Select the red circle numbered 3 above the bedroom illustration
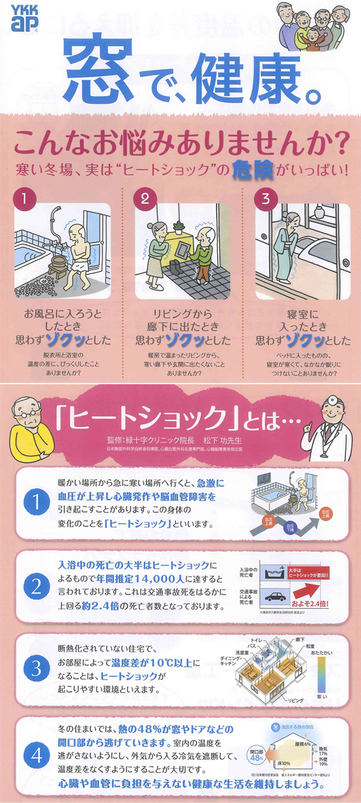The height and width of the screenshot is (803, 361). [266, 200]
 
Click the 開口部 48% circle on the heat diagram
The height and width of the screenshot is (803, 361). [256, 754]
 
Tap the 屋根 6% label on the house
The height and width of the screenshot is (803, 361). [304, 743]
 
